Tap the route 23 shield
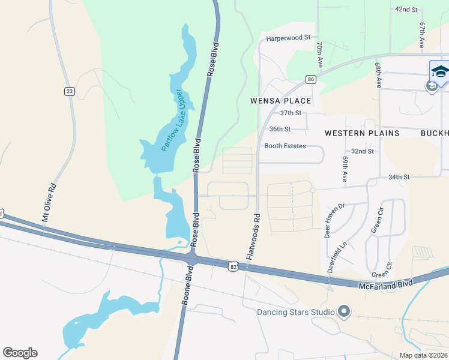point(70,91)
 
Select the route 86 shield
point(310,79)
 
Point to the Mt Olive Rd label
point(49,203)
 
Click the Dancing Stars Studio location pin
point(344,311)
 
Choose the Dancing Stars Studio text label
point(296,312)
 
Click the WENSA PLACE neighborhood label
point(281,101)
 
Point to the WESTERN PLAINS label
point(362,133)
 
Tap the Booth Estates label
point(285,146)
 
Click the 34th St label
point(398,177)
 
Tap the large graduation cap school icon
point(439,71)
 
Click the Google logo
point(20,353)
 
